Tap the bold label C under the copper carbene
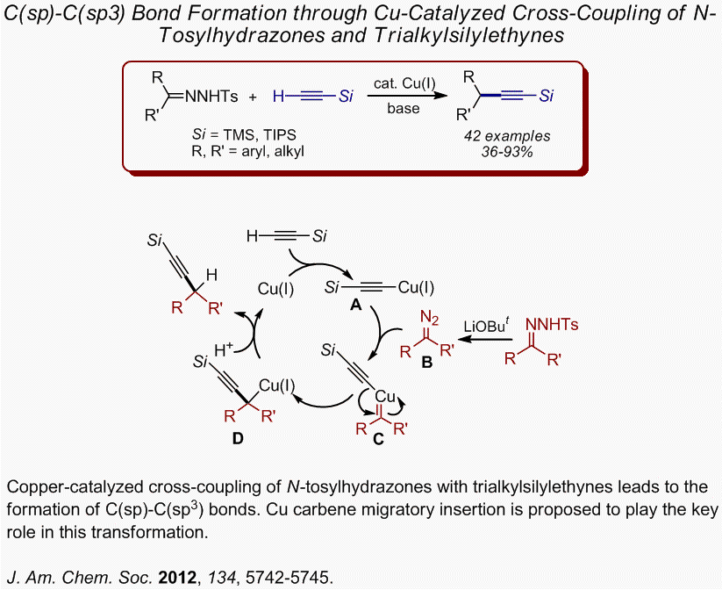coord(379,439)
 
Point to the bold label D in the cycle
coord(238,439)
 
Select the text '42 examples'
coord(507,136)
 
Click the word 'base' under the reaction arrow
coord(403,109)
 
